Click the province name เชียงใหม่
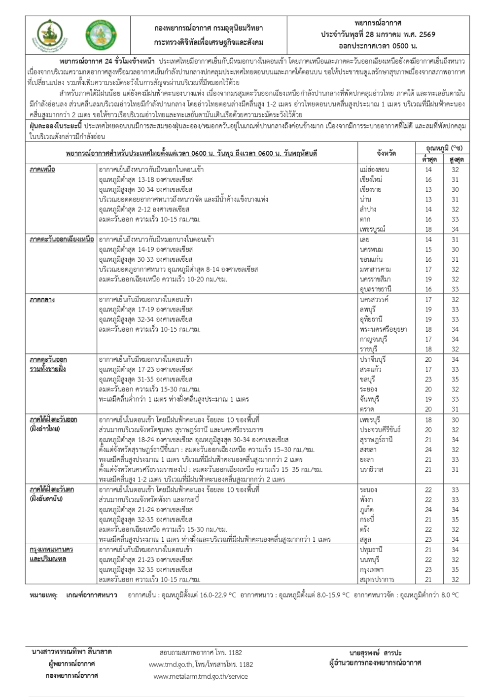click(371, 179)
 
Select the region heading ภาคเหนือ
click(42, 170)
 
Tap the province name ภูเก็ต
click(367, 510)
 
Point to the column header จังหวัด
click(386, 153)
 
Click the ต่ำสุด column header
click(429, 159)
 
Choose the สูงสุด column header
click(456, 159)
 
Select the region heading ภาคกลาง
click(42, 299)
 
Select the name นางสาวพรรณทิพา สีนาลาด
click(71, 652)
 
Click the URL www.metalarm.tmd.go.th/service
click(201, 676)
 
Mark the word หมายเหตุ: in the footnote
click(43, 595)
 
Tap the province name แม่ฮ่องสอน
click(374, 170)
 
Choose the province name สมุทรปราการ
click(377, 579)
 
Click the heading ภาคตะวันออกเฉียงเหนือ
click(62, 240)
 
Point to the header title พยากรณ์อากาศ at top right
click(378, 23)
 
